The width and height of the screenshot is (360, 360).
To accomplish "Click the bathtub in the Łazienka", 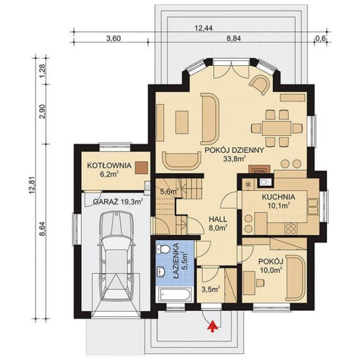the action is [x=175, y=295].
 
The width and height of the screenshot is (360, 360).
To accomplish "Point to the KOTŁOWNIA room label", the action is [x=109, y=166].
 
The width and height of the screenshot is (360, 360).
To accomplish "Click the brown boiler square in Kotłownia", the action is [x=141, y=168].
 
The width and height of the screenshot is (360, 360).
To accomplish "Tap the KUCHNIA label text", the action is [x=278, y=197].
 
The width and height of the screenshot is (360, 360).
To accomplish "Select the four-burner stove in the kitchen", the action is [x=291, y=229].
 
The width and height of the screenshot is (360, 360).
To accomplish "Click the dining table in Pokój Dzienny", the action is [x=277, y=128].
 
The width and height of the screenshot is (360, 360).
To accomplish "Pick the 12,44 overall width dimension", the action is [x=203, y=28].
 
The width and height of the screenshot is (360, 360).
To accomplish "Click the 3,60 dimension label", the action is [x=114, y=39].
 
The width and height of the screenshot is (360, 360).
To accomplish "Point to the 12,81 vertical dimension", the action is [x=32, y=185].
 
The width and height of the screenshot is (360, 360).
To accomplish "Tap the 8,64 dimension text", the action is [x=42, y=229].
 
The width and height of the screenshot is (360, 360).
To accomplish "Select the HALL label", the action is [x=218, y=219].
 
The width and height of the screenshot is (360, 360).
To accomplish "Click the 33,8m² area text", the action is [x=235, y=158].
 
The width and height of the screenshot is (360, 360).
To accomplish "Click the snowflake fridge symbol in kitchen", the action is [x=248, y=184].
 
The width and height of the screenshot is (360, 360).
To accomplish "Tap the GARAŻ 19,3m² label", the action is [x=118, y=202].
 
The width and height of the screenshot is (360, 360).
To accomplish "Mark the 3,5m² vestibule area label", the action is [x=211, y=289].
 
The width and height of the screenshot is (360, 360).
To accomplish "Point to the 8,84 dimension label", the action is [x=234, y=39].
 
